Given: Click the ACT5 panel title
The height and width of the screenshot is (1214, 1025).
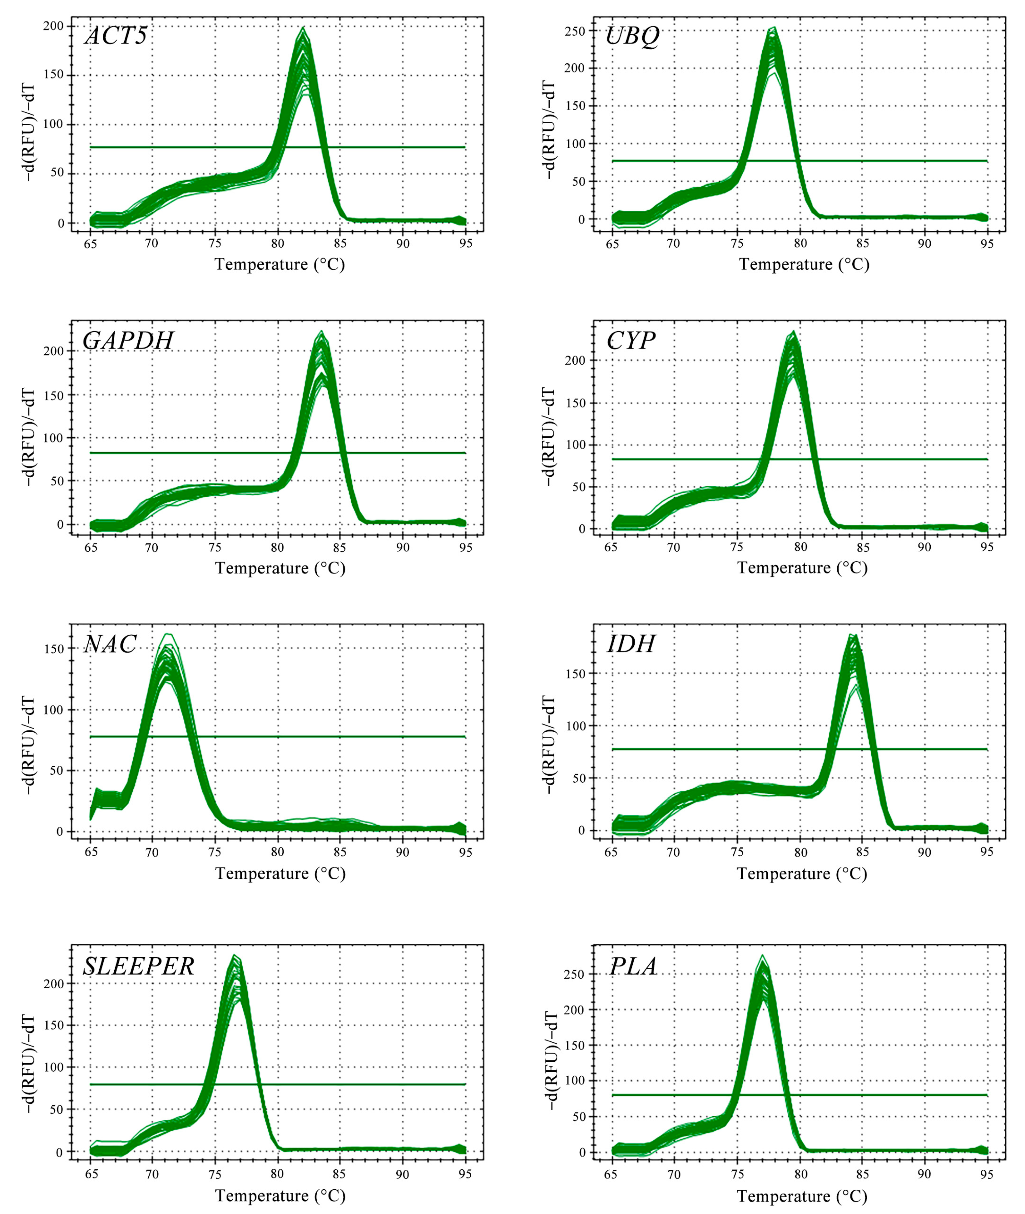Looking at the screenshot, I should point(116,36).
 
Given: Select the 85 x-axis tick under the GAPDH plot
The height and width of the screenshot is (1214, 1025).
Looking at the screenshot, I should point(340,548).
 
